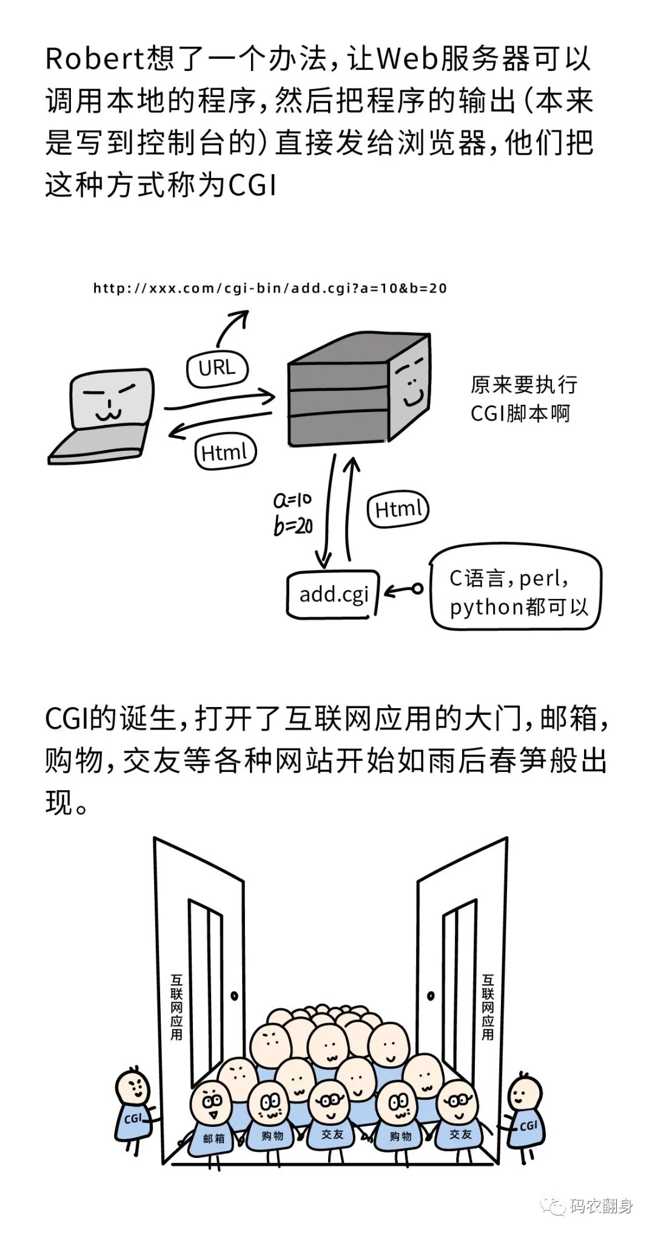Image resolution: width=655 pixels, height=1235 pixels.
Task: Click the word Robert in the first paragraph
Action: [93, 59]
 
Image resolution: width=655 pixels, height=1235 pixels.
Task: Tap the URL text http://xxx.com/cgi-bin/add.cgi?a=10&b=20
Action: [270, 288]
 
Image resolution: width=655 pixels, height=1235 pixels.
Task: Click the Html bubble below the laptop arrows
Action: [225, 453]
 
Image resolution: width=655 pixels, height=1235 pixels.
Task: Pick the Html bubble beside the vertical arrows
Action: [398, 509]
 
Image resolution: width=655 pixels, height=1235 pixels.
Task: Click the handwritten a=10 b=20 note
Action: [293, 513]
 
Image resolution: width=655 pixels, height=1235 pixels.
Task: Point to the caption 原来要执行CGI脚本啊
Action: [523, 399]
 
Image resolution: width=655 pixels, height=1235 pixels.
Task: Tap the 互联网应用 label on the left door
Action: [176, 1008]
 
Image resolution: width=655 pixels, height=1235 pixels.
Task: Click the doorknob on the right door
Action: [431, 996]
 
